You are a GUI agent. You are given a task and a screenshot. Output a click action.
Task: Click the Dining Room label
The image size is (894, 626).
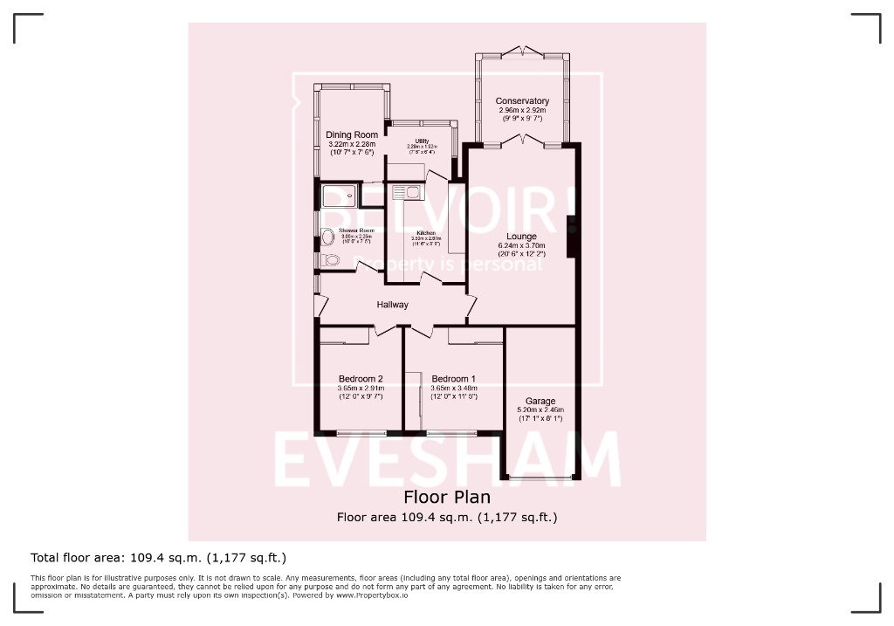[352, 134]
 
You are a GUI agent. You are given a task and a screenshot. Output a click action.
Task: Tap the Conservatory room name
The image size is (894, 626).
[522, 101]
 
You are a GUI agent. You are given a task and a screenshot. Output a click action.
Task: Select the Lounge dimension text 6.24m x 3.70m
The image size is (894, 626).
[522, 245]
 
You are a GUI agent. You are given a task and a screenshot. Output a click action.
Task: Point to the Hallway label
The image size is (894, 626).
[393, 305]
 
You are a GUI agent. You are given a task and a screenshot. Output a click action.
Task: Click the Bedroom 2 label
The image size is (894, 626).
[361, 378]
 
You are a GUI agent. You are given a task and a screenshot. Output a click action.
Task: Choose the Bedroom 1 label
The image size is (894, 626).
[454, 378]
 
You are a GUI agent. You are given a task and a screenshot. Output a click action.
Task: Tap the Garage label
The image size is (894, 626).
[541, 402]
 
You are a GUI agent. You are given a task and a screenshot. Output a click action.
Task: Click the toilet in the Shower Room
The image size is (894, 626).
[330, 260]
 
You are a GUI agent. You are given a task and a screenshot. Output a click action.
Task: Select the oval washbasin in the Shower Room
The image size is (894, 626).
[327, 236]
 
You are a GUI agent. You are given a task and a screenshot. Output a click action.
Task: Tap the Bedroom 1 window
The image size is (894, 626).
[451, 432]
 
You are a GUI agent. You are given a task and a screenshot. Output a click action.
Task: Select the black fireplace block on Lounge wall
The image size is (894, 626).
[572, 237]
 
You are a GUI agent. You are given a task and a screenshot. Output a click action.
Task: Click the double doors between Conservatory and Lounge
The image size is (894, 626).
[522, 141]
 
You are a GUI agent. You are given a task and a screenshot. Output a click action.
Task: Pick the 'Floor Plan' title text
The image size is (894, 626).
[446, 497]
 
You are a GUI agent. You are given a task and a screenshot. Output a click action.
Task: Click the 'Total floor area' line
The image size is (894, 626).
[159, 557]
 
